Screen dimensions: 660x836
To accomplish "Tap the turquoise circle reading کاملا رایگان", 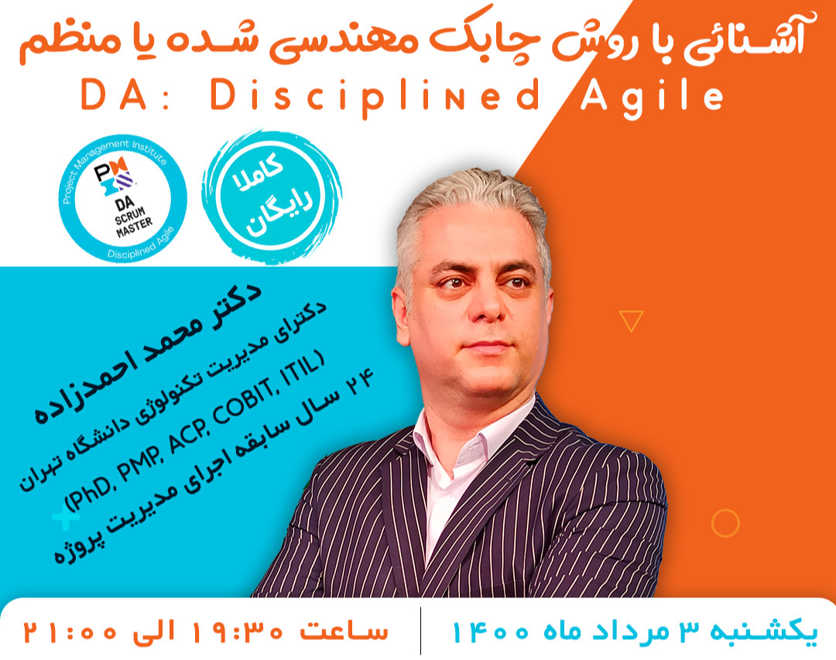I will point(272,196).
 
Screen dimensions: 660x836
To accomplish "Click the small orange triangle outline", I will point(632,320).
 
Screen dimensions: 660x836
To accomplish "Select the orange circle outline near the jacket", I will point(725,523).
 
